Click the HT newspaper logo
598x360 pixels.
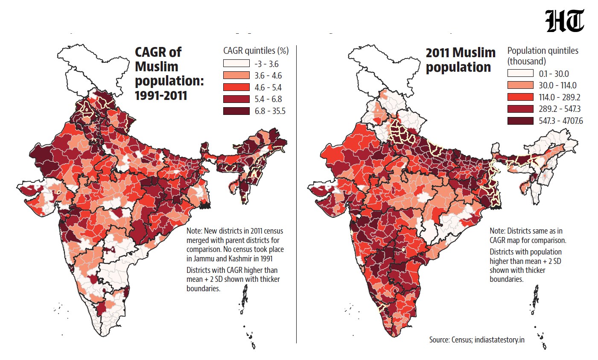click(565, 21)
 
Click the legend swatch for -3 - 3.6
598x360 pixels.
click(236, 63)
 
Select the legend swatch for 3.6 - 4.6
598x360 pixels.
click(236, 75)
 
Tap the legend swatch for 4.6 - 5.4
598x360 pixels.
click(236, 87)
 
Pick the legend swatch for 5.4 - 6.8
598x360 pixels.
click(236, 99)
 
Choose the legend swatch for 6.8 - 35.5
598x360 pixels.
click(236, 111)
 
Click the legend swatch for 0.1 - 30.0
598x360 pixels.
click(520, 73)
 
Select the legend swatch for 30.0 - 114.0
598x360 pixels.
click(520, 85)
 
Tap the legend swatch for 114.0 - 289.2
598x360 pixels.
click(520, 97)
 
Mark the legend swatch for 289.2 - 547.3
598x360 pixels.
click(520, 109)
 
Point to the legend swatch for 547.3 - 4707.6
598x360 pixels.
click(520, 121)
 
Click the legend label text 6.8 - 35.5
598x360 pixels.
click(270, 111)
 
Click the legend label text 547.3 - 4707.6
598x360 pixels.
click(560, 121)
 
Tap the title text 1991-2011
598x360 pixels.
click(161, 96)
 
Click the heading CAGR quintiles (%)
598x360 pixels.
click(256, 51)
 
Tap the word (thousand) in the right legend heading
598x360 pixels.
click(526, 61)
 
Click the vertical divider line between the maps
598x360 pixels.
click(296, 194)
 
